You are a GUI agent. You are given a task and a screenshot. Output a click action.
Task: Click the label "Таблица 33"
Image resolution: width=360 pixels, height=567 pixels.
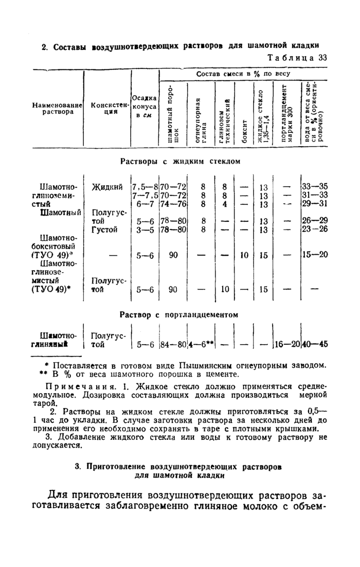click(x=298, y=58)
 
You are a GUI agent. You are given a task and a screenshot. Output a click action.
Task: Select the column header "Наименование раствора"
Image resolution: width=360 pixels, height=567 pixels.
click(x=58, y=109)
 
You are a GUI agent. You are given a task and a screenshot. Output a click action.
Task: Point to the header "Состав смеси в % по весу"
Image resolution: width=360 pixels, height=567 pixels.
click(x=243, y=74)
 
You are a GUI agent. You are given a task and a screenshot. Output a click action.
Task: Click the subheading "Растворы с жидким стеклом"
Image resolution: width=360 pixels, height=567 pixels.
click(x=180, y=162)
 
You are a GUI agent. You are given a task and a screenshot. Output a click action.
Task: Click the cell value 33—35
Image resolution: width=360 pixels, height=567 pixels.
click(x=314, y=187)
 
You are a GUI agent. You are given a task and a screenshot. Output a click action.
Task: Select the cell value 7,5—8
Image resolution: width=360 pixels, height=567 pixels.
click(x=145, y=187)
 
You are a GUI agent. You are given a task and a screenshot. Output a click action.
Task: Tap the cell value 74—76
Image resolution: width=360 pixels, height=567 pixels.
click(x=173, y=204)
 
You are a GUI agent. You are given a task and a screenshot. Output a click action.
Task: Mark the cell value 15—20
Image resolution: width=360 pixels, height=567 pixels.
click(x=314, y=255)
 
